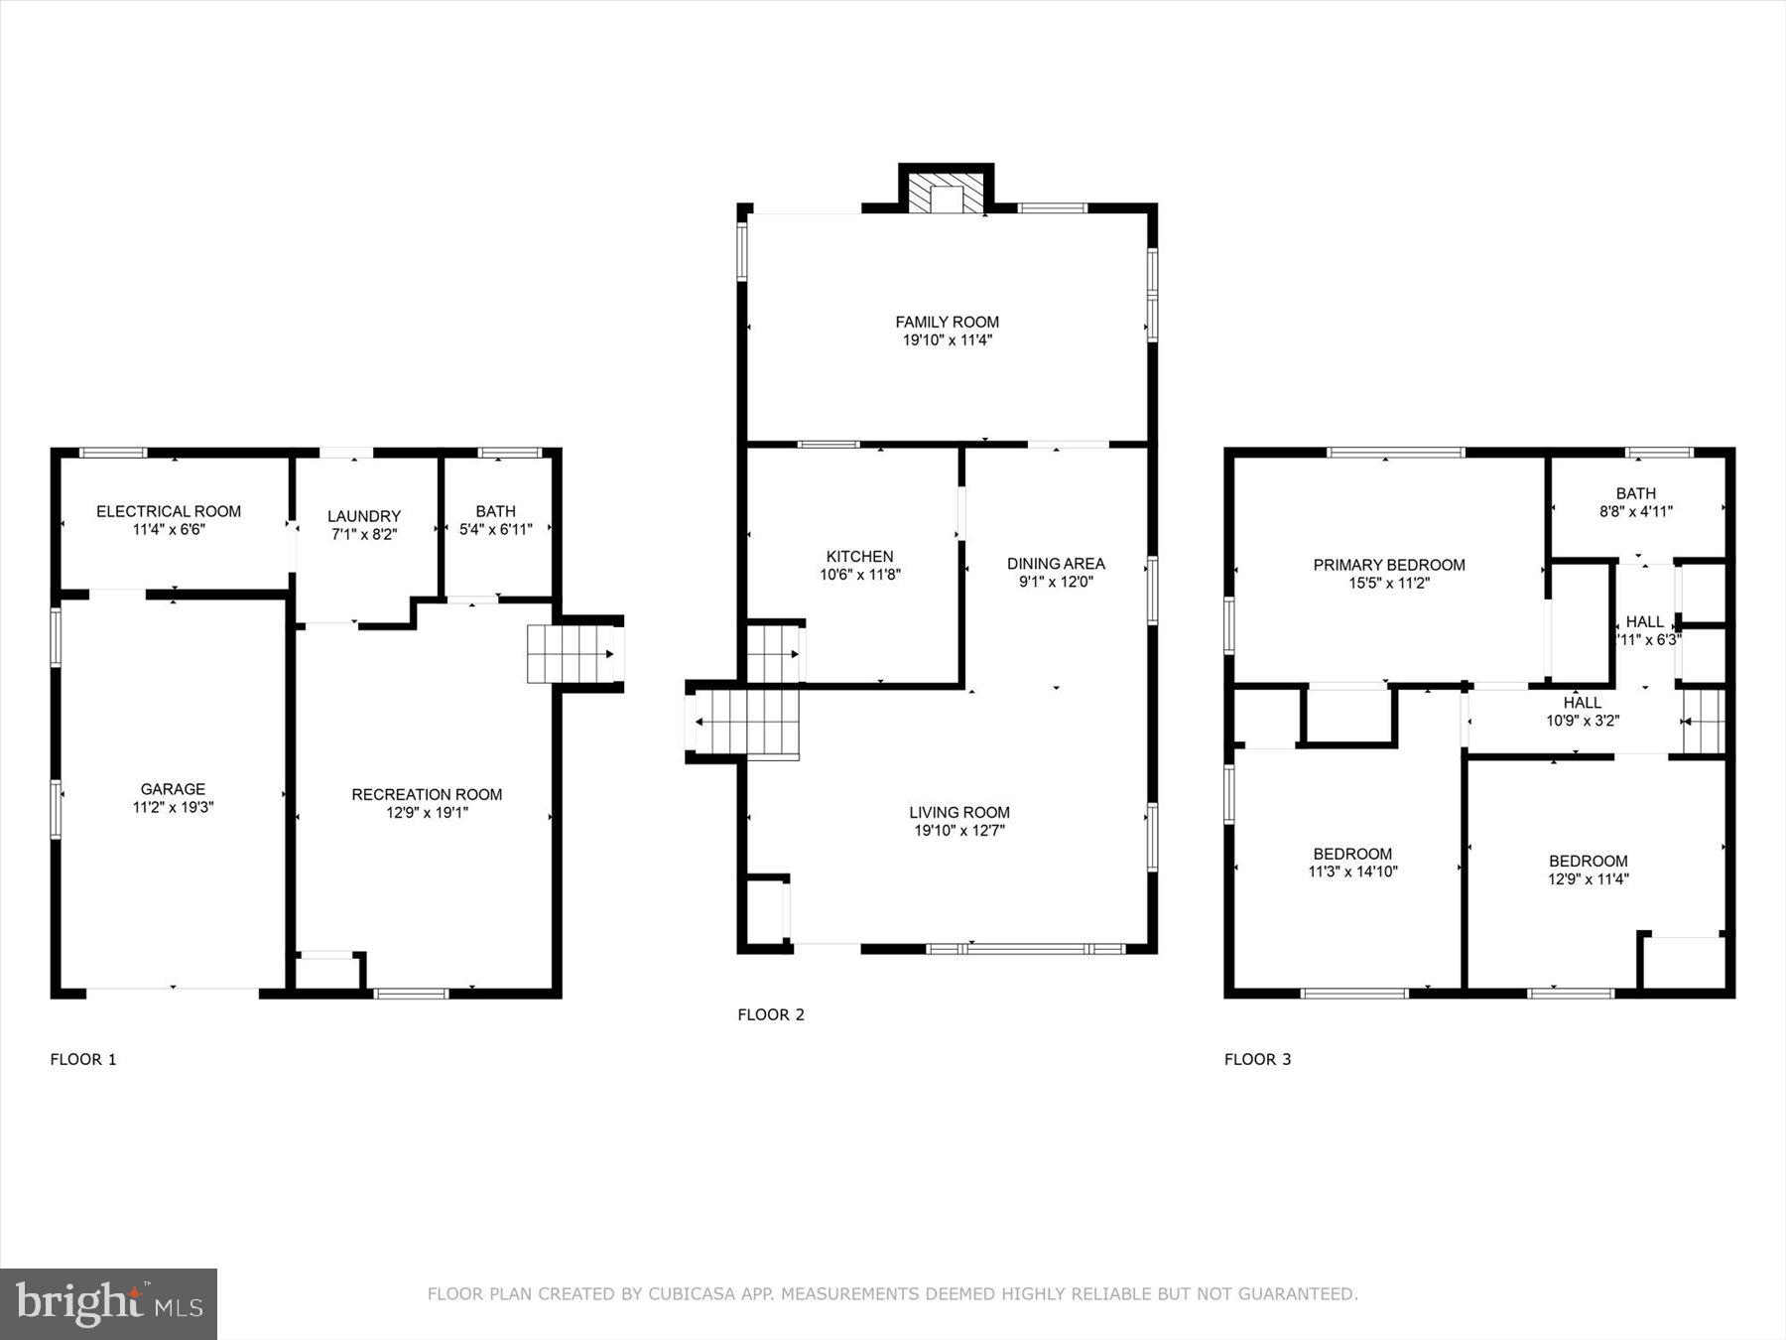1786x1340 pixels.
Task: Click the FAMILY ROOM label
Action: (947, 322)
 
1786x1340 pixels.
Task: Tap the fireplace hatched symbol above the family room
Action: (947, 195)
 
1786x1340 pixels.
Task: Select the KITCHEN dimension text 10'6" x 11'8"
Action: (859, 575)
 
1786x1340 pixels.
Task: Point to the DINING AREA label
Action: (1056, 564)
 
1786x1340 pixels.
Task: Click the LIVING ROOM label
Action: (958, 812)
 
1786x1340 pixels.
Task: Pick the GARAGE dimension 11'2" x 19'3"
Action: (173, 808)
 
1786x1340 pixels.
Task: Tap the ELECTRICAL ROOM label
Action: (169, 511)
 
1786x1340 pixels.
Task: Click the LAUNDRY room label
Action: (364, 516)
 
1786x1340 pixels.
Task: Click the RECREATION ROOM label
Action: (427, 794)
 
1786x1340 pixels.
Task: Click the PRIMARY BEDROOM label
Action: (1389, 565)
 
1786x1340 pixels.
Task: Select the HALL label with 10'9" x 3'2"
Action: (1582, 703)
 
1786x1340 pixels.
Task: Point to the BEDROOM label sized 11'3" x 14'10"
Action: (1352, 854)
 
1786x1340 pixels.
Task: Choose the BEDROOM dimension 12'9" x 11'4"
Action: (1588, 879)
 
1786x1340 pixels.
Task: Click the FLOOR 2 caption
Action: (771, 1014)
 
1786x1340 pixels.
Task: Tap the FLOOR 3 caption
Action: (1257, 1059)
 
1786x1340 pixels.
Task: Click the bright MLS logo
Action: (108, 1303)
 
